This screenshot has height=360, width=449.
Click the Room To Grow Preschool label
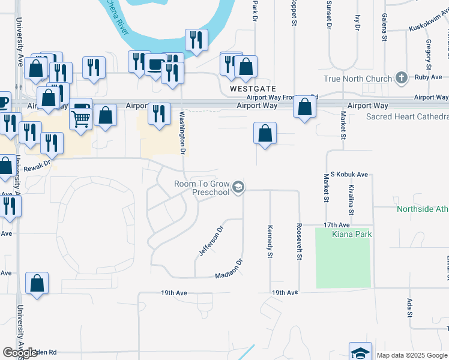pyautogui.click(x=202, y=188)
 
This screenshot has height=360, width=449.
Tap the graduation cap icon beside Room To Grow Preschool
pyautogui.click(x=238, y=188)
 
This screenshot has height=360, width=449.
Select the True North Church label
pyautogui.click(x=357, y=79)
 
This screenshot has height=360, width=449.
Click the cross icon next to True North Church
pyautogui.click(x=402, y=78)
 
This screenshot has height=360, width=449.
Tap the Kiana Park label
pyautogui.click(x=352, y=234)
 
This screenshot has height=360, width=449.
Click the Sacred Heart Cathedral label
pyautogui.click(x=407, y=116)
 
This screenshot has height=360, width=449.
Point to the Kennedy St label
pyautogui.click(x=270, y=241)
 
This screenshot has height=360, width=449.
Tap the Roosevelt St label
pyautogui.click(x=298, y=242)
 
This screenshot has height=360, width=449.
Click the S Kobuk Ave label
pyautogui.click(x=348, y=174)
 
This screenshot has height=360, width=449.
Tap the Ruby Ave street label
pyautogui.click(x=428, y=77)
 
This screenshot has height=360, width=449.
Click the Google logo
pyautogui.click(x=20, y=353)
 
